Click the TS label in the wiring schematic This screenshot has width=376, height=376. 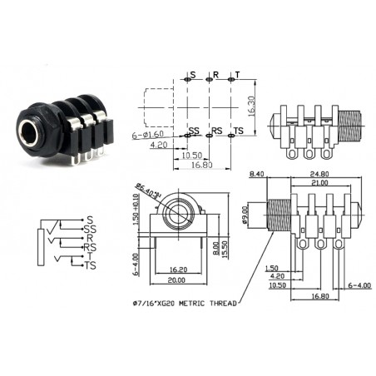click(91, 265)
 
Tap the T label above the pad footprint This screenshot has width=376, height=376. click(237, 76)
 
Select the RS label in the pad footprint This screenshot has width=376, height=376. click(216, 131)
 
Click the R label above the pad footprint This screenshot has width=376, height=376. click(215, 76)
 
